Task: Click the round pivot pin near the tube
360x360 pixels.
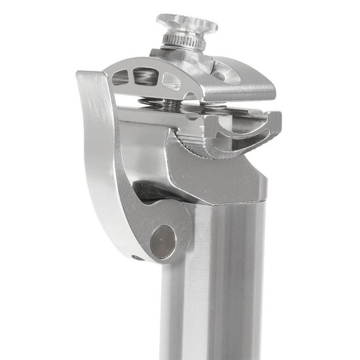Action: point(162,240)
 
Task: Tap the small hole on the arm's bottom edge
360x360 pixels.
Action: point(136,257)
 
